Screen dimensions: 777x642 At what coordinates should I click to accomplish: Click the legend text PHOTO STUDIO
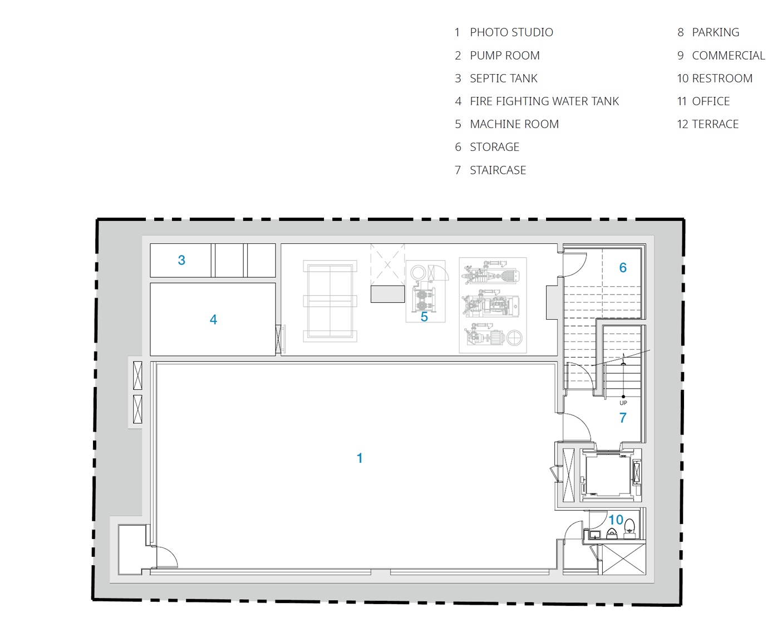coord(512,32)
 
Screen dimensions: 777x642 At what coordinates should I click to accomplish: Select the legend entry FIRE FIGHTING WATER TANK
coord(544,101)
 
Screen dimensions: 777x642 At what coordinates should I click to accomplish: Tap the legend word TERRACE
coord(715,124)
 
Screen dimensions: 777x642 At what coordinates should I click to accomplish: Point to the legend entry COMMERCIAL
coord(728,56)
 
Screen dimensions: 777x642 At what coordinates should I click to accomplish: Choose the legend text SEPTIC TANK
coord(504,79)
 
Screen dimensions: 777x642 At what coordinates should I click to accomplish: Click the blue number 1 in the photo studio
coord(360,458)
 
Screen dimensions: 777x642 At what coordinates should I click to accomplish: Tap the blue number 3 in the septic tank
coord(181,260)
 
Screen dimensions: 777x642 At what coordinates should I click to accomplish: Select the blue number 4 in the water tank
coord(213,320)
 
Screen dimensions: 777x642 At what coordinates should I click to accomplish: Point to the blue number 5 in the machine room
coord(424,317)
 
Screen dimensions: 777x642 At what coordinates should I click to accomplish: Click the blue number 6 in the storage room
coord(623,267)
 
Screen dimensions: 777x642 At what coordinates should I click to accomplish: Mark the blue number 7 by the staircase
coord(623,418)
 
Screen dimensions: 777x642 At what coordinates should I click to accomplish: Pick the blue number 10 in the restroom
coord(616,520)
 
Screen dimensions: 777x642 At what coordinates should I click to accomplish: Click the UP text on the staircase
coord(623,403)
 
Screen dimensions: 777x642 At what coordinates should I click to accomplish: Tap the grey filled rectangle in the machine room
coord(387,294)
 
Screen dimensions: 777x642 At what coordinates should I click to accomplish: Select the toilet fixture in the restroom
coord(630,528)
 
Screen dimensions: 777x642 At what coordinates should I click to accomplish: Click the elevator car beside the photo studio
coord(608,475)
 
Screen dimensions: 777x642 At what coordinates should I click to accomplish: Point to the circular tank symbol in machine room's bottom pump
coord(514,339)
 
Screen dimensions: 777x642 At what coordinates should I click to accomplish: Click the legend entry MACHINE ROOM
coord(514,124)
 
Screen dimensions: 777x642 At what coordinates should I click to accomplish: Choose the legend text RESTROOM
coord(722,79)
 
